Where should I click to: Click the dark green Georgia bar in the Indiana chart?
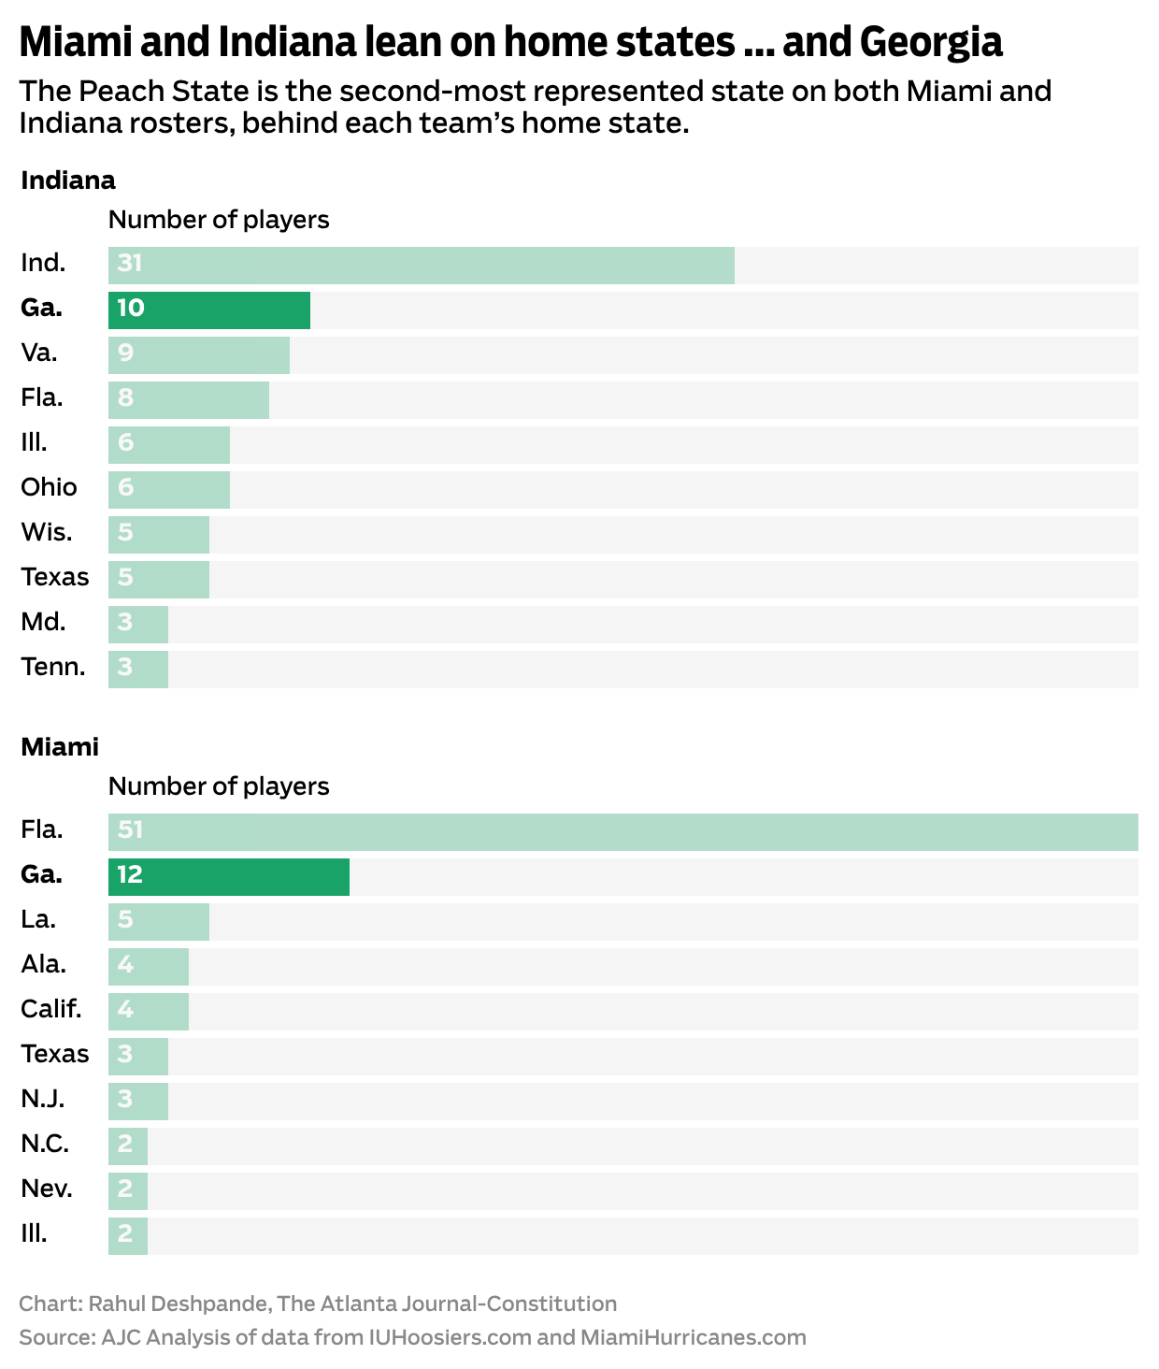point(208,310)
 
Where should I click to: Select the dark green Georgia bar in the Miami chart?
point(228,876)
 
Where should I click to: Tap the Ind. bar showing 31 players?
point(421,265)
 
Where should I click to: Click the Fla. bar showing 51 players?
point(622,831)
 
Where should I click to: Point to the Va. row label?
point(39,353)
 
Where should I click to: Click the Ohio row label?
point(49,487)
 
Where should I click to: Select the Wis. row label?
point(47,533)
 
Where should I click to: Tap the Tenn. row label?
point(53,668)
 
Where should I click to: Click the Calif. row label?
point(51,1010)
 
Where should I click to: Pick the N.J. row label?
point(43,1099)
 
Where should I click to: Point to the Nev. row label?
point(47,1189)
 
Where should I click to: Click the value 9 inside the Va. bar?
point(126,353)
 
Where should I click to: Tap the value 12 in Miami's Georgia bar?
point(130,875)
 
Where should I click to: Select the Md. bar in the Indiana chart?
point(138,624)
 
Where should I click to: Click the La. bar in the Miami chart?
point(159,921)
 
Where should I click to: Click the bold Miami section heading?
point(60,747)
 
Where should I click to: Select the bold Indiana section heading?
point(68,180)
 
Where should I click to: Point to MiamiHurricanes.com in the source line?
point(693,1337)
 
